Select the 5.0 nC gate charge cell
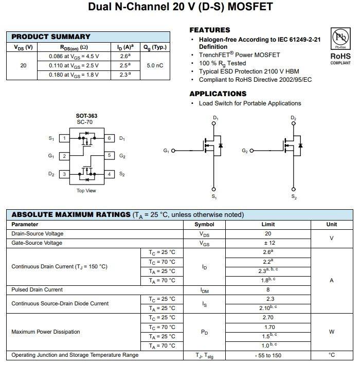155,65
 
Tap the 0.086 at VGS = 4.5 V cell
74,56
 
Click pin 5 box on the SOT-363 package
109,155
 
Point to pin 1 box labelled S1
64,138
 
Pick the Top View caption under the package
86,191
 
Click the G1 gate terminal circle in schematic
173,151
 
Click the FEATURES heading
210,30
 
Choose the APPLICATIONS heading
218,94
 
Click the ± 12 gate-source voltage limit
267,243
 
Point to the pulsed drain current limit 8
267,289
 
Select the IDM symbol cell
204,290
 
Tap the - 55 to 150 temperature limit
267,355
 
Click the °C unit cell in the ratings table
332,355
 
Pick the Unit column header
332,224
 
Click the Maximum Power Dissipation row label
46,332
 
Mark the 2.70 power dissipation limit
267,318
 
